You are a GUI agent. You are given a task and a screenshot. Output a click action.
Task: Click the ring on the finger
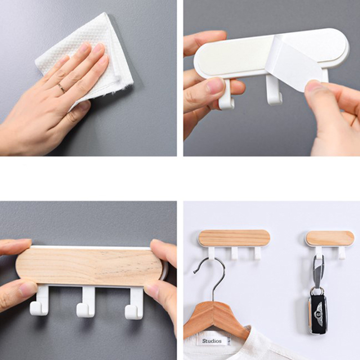tap(62, 88)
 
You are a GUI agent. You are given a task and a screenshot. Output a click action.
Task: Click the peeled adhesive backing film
tap(296, 60)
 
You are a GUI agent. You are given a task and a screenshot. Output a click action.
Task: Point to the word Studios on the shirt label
tap(211, 341)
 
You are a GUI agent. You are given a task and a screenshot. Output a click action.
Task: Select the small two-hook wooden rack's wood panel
tap(330, 238)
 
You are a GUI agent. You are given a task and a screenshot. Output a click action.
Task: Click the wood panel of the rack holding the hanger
tap(234, 238)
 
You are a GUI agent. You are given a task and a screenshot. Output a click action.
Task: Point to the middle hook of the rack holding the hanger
tap(234, 253)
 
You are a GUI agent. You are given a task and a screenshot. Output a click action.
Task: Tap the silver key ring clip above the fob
tap(319, 271)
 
